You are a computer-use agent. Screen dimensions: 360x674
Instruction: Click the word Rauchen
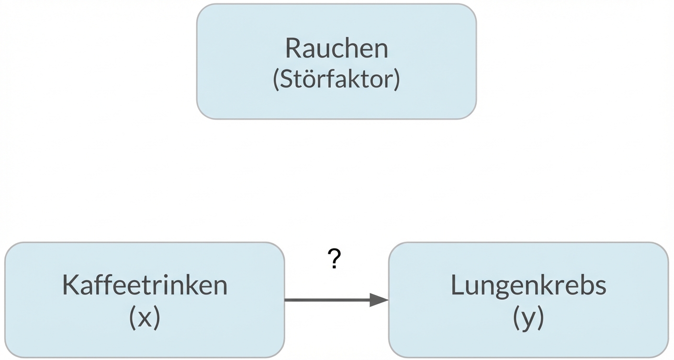pos(336,48)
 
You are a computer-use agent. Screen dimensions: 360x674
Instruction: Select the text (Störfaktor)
pos(336,79)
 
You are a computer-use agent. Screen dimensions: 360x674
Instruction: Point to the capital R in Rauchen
pos(293,48)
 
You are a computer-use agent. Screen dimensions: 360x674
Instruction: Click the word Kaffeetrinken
pos(145,285)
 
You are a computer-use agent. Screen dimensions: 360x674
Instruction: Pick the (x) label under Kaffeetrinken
pos(145,317)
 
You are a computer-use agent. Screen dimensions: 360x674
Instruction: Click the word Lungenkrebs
pos(528,285)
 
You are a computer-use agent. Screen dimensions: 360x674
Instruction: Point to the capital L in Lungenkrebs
pos(456,285)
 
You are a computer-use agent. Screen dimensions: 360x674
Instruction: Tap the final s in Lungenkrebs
pos(600,287)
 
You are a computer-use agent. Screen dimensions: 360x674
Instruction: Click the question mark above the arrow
pos(335,259)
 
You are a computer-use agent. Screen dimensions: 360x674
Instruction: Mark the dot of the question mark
pos(335,267)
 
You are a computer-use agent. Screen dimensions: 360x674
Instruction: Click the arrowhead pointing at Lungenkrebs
pos(379,300)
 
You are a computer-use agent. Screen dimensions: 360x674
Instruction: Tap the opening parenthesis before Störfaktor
pos(276,79)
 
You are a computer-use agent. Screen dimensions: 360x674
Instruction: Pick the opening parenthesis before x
pos(132,317)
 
